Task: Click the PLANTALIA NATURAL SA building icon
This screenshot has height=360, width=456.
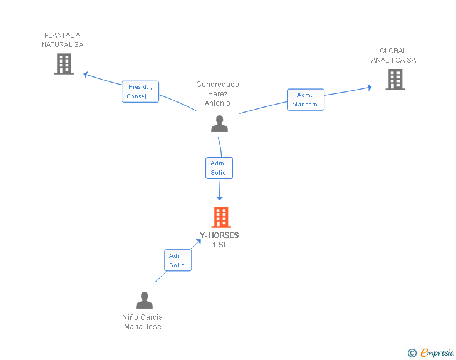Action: coord(64,64)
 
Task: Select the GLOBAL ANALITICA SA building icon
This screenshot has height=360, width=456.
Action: coord(395,80)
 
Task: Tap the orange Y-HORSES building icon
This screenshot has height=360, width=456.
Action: coord(221,217)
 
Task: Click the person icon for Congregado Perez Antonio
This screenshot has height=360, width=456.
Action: coord(220,123)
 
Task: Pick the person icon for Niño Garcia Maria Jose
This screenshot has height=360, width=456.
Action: coord(144,300)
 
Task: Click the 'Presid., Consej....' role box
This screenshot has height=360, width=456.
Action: coord(140,91)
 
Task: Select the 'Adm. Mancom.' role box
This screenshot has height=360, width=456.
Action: coord(306,100)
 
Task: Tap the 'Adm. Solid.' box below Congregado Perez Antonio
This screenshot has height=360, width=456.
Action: coord(219,168)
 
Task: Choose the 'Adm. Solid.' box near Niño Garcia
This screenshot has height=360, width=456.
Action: coord(178,260)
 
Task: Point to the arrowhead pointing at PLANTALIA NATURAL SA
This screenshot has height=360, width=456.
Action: coord(86,75)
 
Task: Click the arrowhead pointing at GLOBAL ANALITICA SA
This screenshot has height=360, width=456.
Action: coord(370,87)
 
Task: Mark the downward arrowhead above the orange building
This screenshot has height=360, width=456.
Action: coord(220,198)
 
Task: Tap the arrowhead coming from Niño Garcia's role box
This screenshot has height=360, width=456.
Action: coord(199,242)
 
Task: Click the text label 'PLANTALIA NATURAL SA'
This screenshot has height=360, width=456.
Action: coord(62,40)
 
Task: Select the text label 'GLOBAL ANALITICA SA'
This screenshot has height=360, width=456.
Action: coord(393,56)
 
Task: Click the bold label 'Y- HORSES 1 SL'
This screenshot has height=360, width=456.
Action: coord(219,240)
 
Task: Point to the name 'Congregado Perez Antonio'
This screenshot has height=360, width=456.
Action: coord(217,94)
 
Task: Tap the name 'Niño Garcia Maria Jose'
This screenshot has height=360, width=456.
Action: coord(143,322)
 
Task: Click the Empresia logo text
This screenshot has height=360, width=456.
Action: coord(437,352)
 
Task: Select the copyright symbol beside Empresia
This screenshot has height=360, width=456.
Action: coord(412,353)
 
